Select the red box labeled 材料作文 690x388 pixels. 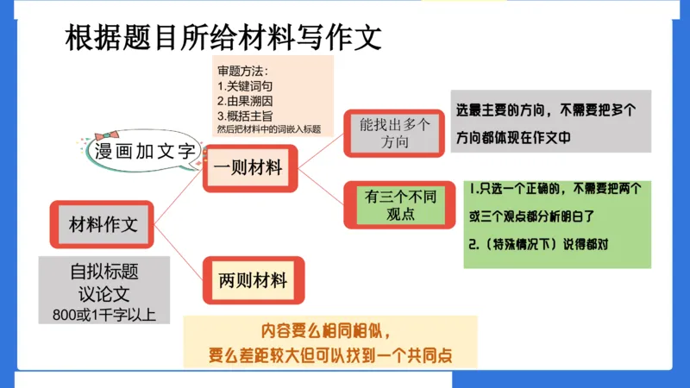(x=103, y=226)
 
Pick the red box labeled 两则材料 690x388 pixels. (x=253, y=280)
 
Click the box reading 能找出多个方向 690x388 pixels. (x=394, y=133)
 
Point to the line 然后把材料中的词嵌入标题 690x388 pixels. (x=269, y=129)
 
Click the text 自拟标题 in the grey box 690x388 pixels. (x=103, y=272)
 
